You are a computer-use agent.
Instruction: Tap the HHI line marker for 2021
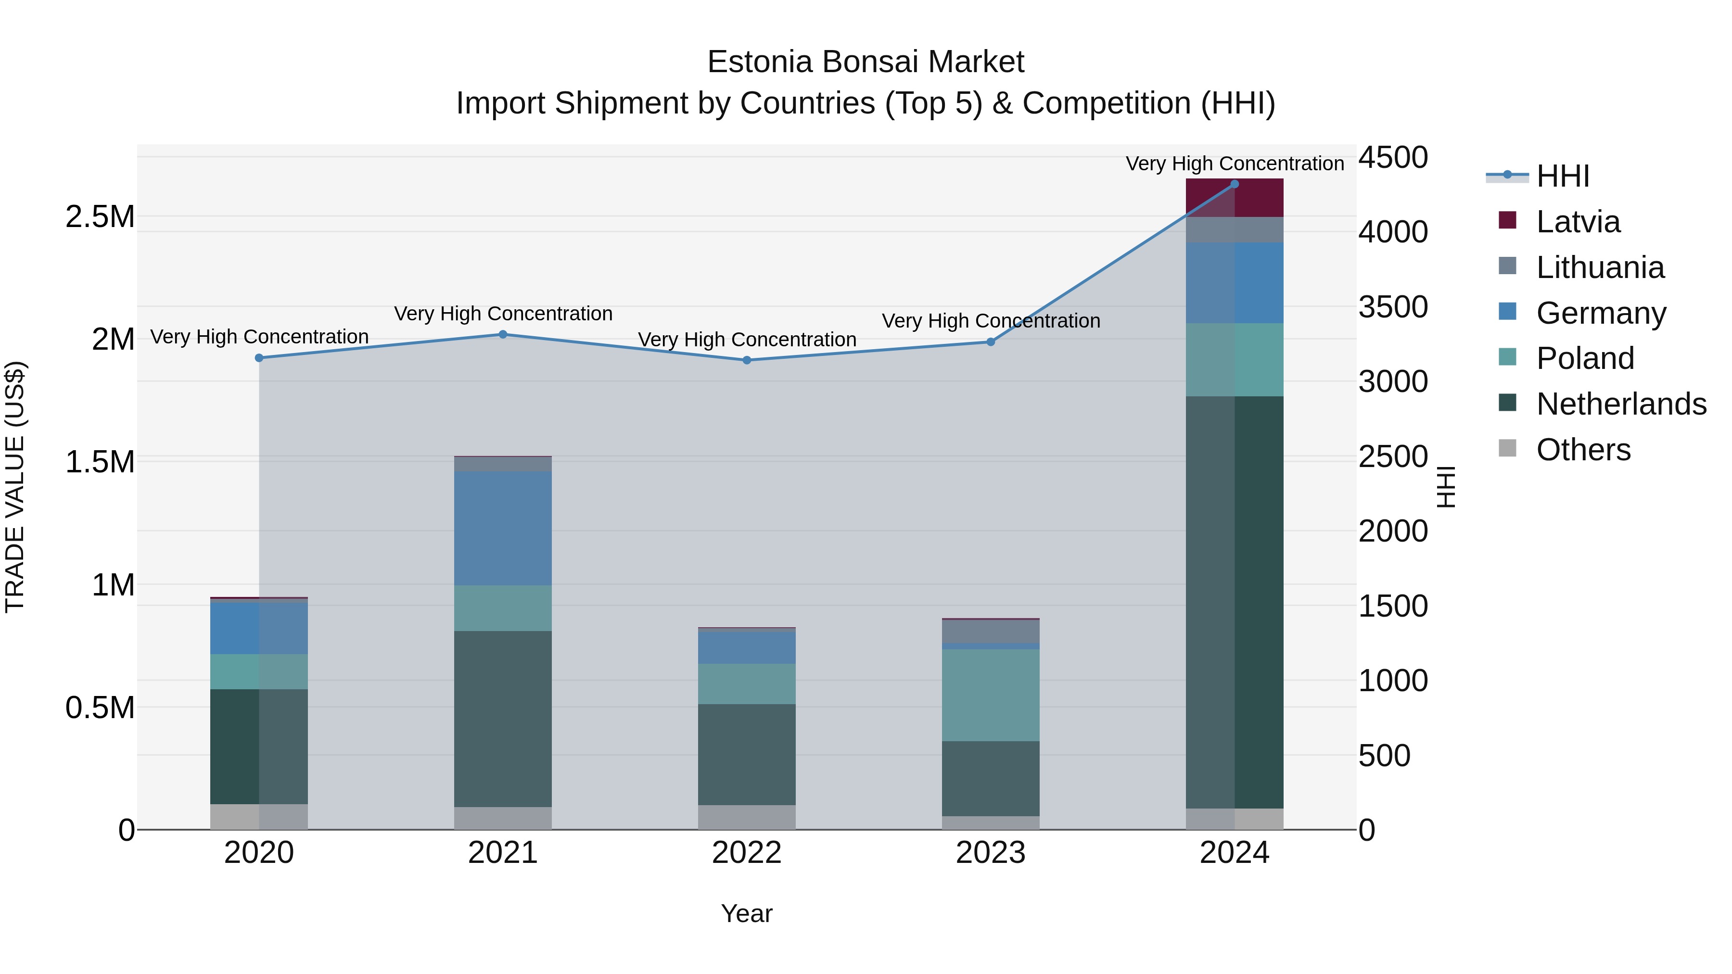[503, 334]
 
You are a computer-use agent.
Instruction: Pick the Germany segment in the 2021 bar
[503, 528]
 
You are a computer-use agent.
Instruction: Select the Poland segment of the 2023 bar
[991, 695]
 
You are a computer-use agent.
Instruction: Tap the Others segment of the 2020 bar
[259, 817]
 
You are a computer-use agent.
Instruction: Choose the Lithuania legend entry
[1600, 267]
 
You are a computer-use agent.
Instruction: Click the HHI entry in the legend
[1563, 176]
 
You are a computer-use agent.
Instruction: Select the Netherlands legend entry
[1621, 404]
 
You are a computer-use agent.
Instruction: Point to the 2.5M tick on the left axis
[100, 216]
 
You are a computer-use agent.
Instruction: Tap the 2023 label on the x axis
[991, 853]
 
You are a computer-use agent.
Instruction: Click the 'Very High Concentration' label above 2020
[259, 337]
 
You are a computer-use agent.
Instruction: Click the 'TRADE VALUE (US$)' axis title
[15, 487]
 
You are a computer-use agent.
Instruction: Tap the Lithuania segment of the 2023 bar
[991, 631]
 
